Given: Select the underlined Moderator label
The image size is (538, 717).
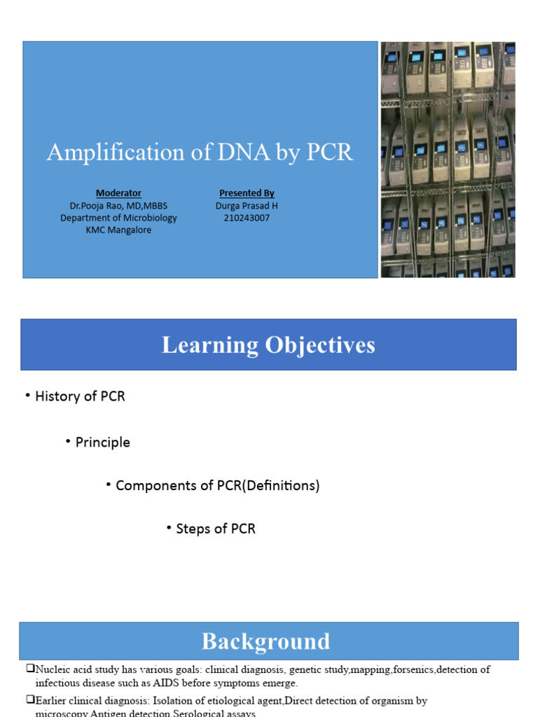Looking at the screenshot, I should tap(118, 193).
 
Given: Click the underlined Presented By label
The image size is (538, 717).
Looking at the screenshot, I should tap(247, 193).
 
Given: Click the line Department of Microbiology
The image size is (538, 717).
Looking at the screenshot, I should tap(118, 218).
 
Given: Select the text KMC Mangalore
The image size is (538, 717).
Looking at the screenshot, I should tap(118, 230).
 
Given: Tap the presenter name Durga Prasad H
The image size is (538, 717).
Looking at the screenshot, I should tap(242, 205).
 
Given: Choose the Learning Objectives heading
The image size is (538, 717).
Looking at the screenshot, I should tap(268, 345).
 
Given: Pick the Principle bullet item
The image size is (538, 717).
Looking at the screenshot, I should tap(103, 443).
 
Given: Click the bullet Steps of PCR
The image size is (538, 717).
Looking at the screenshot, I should tap(216, 529).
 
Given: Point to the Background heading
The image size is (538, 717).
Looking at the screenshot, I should tap(265, 641).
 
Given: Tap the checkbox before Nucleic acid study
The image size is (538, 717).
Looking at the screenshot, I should tap(30, 669).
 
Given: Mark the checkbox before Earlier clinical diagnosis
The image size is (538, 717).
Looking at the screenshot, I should tap(30, 700).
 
